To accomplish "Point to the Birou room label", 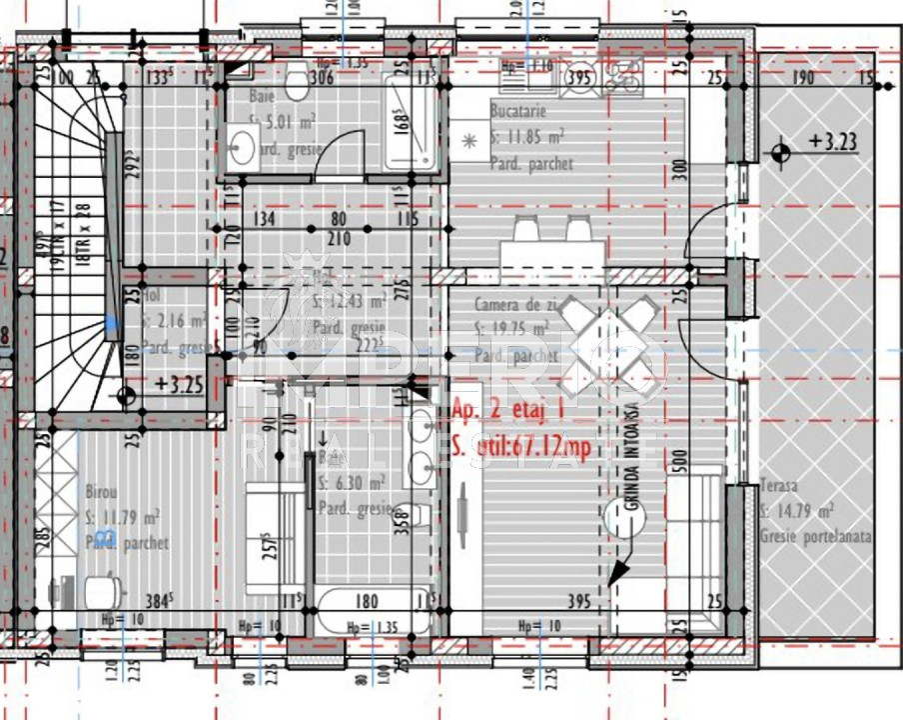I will point(102,494).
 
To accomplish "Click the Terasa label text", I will point(778,485).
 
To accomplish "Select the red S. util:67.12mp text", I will point(521,445).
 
